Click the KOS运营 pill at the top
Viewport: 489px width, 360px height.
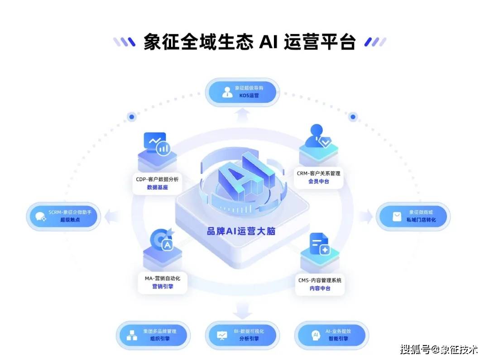click(242, 92)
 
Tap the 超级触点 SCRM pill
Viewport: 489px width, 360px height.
click(63, 216)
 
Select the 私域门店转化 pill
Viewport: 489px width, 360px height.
click(413, 216)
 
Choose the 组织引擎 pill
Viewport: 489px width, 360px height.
click(153, 335)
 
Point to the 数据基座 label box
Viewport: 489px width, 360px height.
click(157, 183)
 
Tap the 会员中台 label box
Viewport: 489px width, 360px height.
click(319, 177)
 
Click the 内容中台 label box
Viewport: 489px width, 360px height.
click(320, 284)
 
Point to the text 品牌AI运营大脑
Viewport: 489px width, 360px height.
click(241, 231)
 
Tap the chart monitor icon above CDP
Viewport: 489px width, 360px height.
click(157, 144)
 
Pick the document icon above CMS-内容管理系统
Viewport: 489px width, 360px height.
click(320, 245)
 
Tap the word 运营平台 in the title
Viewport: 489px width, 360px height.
click(320, 42)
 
